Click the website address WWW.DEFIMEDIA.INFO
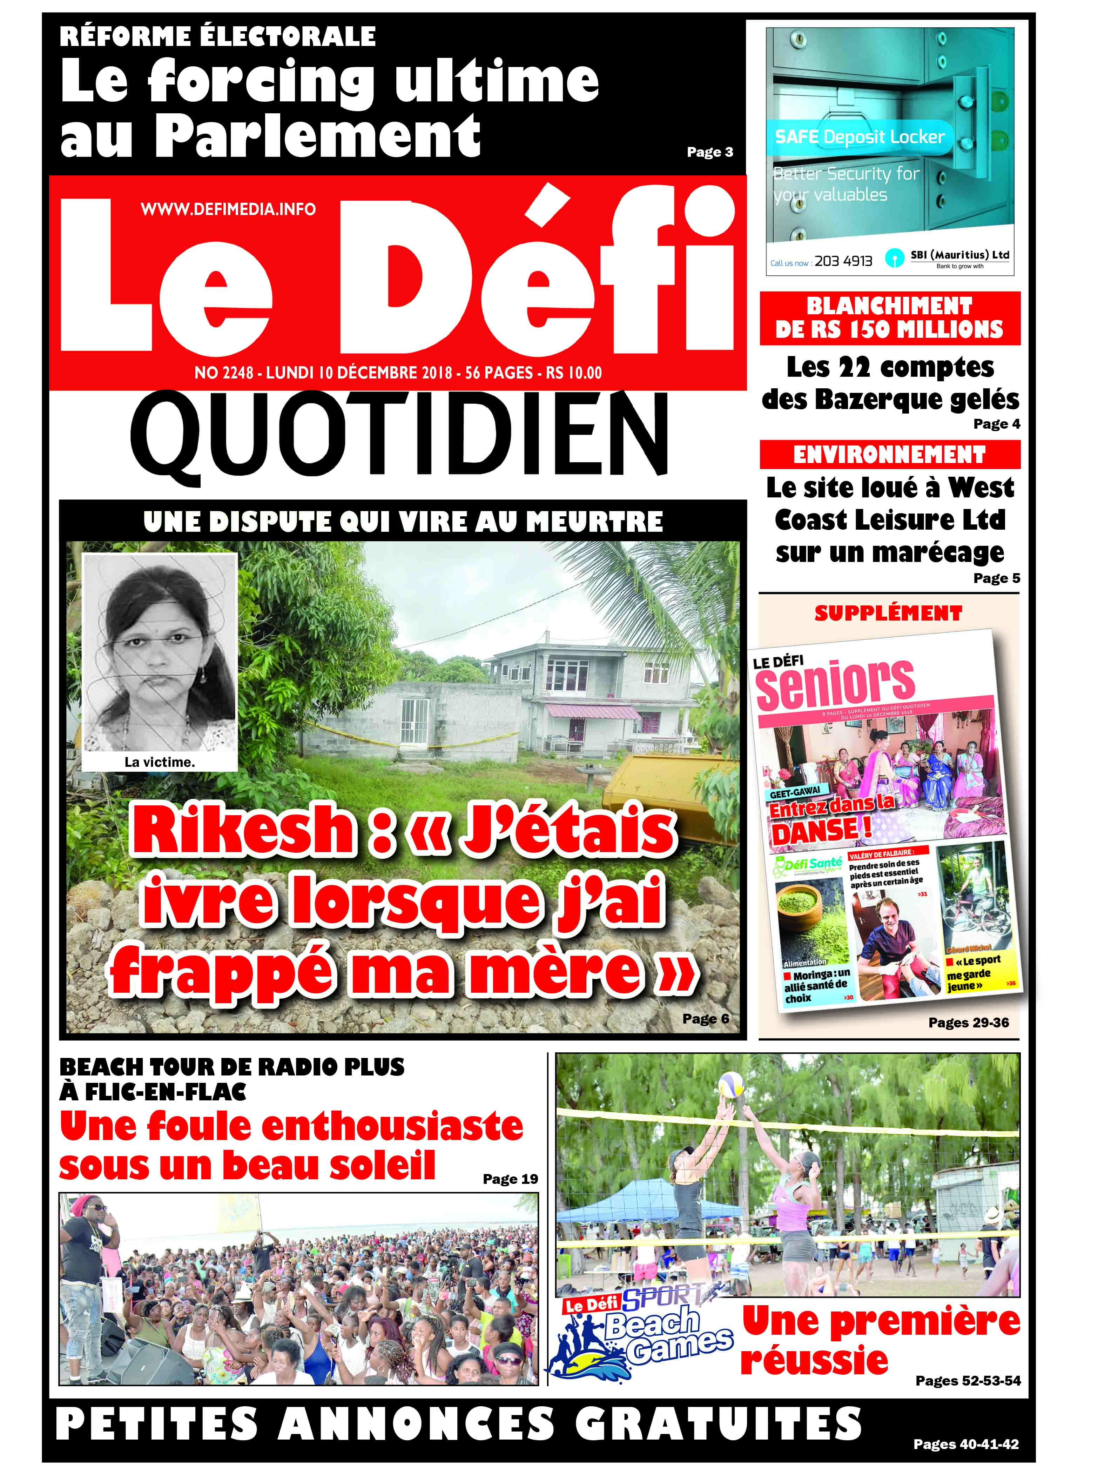coord(228,209)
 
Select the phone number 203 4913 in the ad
coord(843,261)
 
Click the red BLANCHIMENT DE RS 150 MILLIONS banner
coord(889,318)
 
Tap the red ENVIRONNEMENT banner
coord(889,455)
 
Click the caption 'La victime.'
coord(160,763)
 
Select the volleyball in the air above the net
coord(730,1084)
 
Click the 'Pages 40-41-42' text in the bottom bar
coord(966,1444)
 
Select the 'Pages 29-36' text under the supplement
coord(968,1023)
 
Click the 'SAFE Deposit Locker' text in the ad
coord(860,137)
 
